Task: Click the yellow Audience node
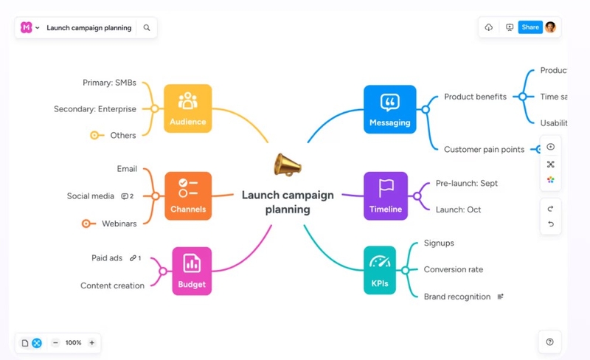[x=187, y=108]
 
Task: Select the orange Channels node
[x=187, y=196]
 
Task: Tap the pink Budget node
[x=192, y=271]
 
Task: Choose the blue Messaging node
[x=389, y=109]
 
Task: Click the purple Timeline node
[x=386, y=195]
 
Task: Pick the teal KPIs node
[x=380, y=270]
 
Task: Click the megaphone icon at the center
[x=288, y=164]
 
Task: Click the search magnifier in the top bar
[x=147, y=28]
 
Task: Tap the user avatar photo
[x=550, y=27]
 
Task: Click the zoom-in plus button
[x=91, y=342]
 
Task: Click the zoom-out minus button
[x=55, y=342]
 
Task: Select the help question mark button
[x=549, y=342]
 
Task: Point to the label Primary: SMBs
[x=109, y=83]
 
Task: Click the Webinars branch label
[x=119, y=223]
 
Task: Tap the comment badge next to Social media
[x=127, y=196]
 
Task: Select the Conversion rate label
[x=453, y=269]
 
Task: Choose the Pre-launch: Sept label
[x=466, y=183]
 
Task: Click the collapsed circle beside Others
[x=94, y=135]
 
